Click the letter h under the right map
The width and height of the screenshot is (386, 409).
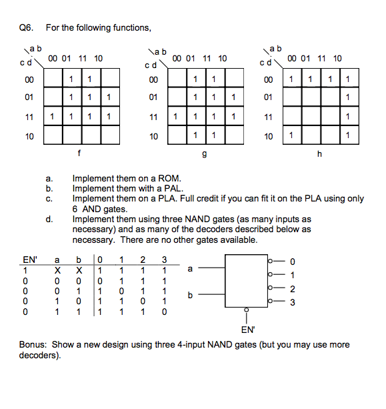319,154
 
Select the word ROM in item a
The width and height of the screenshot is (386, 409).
165,179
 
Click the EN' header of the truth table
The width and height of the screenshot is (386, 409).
30,259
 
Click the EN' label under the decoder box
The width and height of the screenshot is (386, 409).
247,328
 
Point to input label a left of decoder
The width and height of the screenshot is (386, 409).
192,269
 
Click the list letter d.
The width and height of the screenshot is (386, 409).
49,218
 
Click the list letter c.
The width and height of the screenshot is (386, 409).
49,199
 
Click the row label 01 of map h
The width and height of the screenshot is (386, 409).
268,97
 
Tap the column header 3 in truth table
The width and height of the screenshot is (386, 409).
164,259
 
